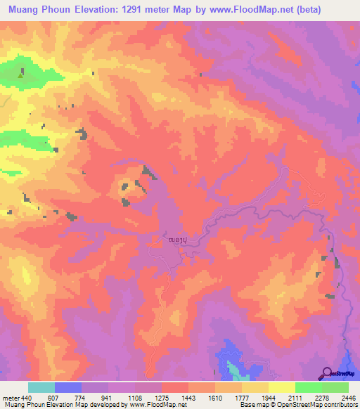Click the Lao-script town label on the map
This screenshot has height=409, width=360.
click(x=178, y=240)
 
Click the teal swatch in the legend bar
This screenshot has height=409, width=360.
click(x=41, y=387)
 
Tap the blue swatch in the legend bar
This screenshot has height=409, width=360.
click(x=68, y=387)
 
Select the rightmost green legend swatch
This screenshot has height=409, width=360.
click(x=335, y=387)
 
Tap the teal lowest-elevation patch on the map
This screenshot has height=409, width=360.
click(x=233, y=368)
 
